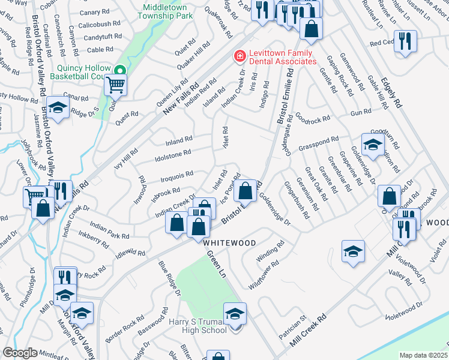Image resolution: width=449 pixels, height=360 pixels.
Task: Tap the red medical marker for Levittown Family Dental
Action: pos(240,56)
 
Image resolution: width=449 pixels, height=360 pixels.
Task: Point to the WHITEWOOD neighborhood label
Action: pos(230,243)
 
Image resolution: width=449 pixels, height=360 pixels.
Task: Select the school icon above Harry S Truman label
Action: pos(235,313)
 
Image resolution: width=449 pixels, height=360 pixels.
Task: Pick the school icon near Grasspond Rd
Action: pos(373,145)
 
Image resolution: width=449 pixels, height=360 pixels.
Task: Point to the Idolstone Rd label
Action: pos(173,152)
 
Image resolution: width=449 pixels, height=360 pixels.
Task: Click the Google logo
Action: pos(20,353)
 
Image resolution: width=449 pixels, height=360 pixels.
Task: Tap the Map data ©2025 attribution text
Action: pos(423,355)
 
